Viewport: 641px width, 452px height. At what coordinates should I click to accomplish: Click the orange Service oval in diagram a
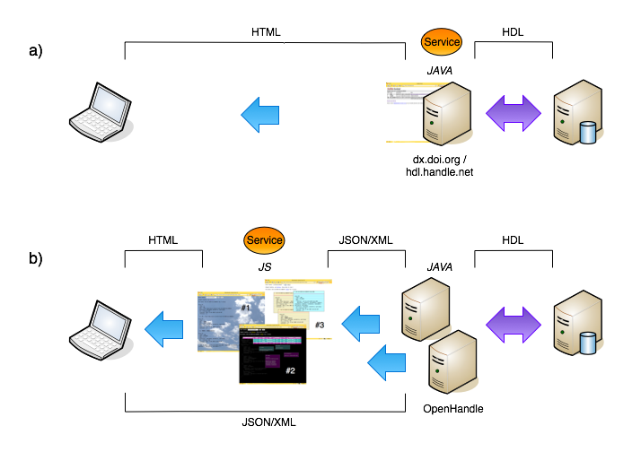(x=442, y=41)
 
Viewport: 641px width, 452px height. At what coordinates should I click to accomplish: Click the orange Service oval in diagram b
(x=264, y=240)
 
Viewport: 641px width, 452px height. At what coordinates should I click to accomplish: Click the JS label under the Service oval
(x=263, y=266)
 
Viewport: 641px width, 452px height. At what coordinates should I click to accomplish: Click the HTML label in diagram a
(x=266, y=32)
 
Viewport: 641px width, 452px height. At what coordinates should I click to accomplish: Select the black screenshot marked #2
(x=272, y=355)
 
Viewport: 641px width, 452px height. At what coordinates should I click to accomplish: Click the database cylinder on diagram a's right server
(x=588, y=134)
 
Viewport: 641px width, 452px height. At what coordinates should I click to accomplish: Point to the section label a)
(x=37, y=50)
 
